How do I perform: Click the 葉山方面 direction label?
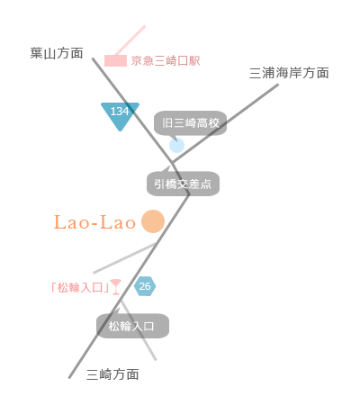57,53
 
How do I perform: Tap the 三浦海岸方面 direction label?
289,73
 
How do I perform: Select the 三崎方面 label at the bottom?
112,374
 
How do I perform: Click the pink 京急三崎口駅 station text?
166,61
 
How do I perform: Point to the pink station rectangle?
115,60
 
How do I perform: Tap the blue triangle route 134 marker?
120,114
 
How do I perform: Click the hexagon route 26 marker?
145,286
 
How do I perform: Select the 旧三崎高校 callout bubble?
191,123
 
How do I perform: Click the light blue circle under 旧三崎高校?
176,146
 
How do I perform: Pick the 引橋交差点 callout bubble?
183,184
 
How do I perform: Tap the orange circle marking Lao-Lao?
153,221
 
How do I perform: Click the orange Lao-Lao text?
94,222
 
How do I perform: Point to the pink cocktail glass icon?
116,287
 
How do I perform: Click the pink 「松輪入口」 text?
80,288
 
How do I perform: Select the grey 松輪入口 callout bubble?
132,326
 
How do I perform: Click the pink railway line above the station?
130,40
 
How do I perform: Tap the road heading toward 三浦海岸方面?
225,124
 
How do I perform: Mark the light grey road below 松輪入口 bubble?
139,330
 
